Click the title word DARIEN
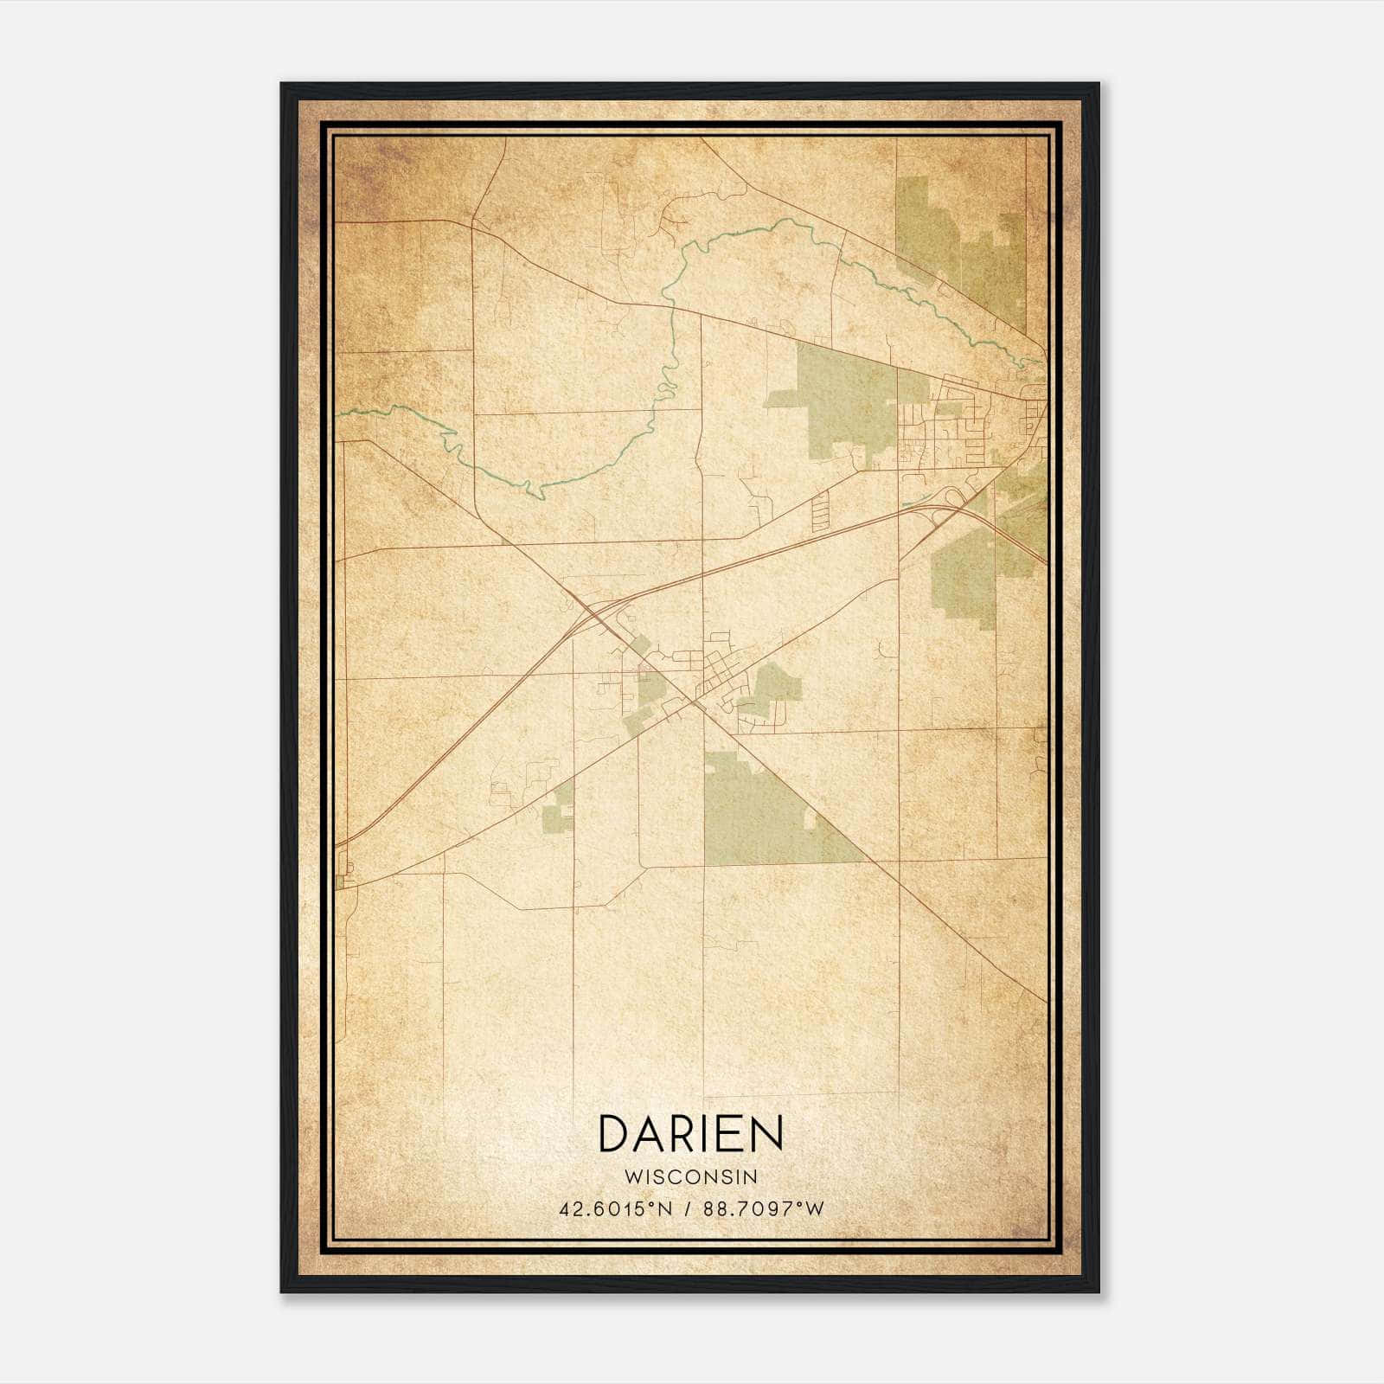point(690,1133)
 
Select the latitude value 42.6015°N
point(615,1209)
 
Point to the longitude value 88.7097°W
point(764,1209)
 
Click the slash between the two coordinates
point(689,1209)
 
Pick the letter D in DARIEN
point(613,1133)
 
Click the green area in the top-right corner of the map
point(960,242)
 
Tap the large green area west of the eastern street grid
point(843,398)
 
